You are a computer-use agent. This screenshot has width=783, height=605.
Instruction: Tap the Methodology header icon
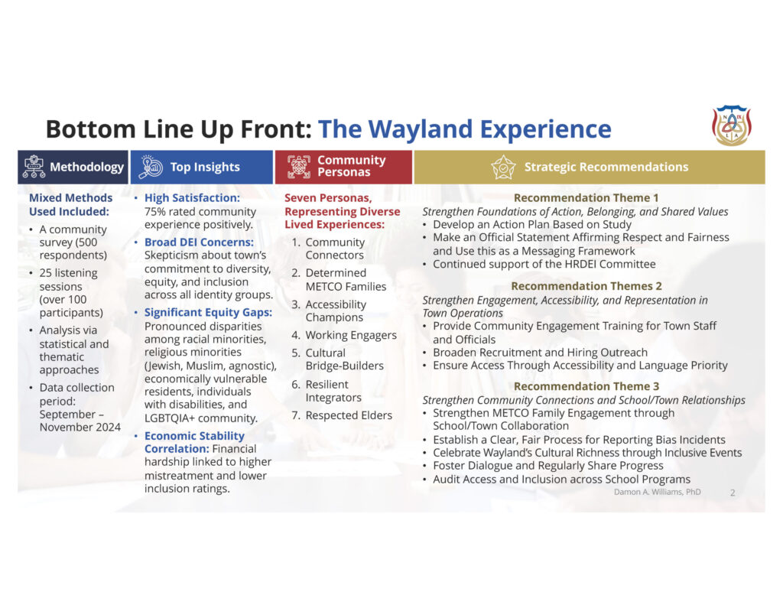pyautogui.click(x=34, y=167)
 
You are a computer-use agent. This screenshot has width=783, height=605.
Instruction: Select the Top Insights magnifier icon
pyautogui.click(x=151, y=167)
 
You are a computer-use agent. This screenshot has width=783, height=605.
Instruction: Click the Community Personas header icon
pyautogui.click(x=299, y=167)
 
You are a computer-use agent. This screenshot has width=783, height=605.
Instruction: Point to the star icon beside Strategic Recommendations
pyautogui.click(x=503, y=167)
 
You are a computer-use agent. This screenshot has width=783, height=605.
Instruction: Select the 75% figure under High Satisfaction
pyautogui.click(x=154, y=212)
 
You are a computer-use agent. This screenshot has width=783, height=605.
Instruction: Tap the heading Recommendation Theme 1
pyautogui.click(x=586, y=198)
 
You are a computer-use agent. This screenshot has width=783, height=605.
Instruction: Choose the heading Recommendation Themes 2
pyautogui.click(x=586, y=286)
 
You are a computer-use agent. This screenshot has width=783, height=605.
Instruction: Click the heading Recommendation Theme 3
pyautogui.click(x=586, y=386)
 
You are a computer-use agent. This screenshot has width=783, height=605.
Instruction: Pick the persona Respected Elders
pyautogui.click(x=349, y=415)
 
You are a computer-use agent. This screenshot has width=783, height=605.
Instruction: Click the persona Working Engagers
pyautogui.click(x=351, y=335)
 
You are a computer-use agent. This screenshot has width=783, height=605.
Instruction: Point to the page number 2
pyautogui.click(x=733, y=493)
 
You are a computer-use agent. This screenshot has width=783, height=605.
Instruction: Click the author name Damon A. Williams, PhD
pyautogui.click(x=657, y=492)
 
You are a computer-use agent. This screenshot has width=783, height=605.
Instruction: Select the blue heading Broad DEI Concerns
pyautogui.click(x=199, y=242)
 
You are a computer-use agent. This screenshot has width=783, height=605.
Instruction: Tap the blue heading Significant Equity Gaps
pyautogui.click(x=208, y=313)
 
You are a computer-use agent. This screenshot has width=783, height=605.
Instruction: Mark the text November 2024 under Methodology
pyautogui.click(x=80, y=427)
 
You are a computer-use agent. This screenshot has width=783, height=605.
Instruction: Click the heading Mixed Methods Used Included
pyautogui.click(x=70, y=205)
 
